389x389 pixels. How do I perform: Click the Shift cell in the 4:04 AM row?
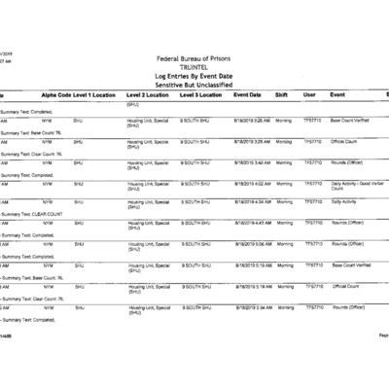point(284,201)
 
